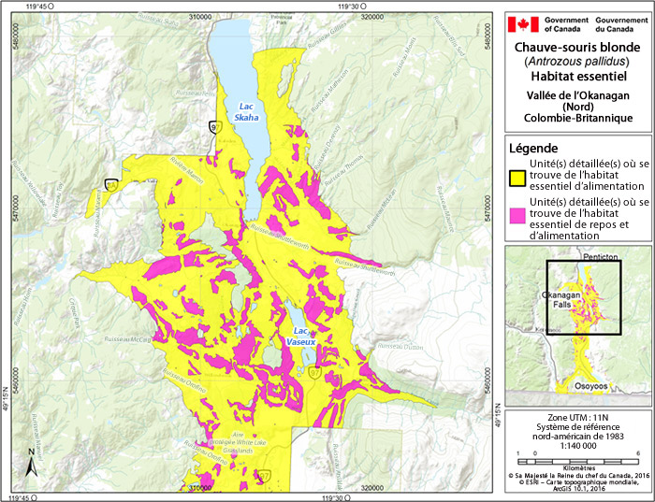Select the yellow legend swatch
[x=516, y=178]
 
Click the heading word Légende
[x=533, y=149]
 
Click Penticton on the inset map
[x=592, y=256]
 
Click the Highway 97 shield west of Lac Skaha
[x=216, y=127]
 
